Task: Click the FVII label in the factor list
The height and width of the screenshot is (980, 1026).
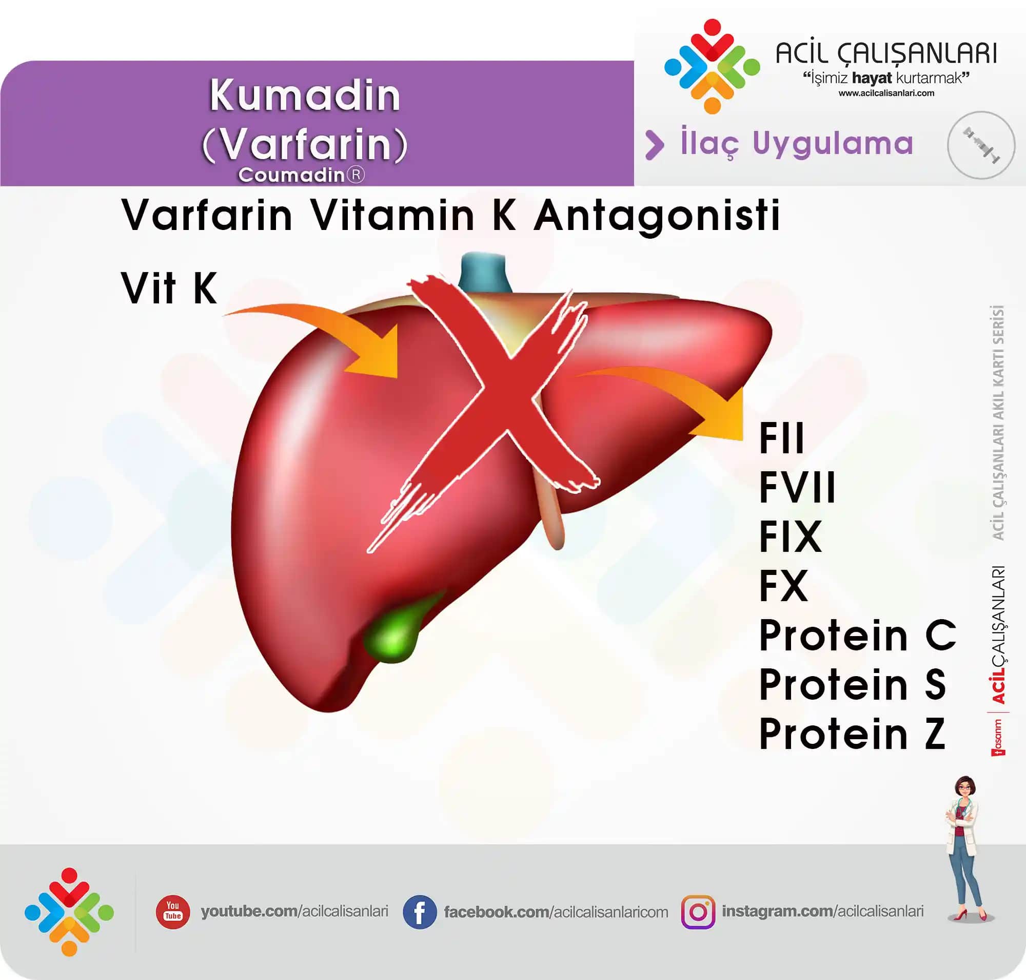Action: click(797, 487)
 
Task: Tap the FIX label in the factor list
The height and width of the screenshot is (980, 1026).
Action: click(791, 536)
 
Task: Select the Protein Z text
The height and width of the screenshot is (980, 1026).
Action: click(852, 734)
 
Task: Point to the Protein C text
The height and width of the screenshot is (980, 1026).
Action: click(857, 635)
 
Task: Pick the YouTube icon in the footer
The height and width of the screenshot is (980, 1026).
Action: click(173, 912)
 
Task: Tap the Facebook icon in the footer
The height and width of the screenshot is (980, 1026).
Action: click(419, 912)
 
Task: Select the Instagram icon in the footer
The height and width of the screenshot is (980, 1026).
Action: click(698, 912)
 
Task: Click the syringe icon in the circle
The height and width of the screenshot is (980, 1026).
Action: click(981, 145)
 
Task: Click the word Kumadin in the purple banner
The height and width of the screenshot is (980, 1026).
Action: click(305, 96)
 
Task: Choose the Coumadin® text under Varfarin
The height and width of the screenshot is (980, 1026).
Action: click(301, 175)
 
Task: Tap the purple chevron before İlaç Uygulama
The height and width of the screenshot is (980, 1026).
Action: click(654, 145)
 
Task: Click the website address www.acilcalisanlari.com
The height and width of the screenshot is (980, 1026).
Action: click(886, 93)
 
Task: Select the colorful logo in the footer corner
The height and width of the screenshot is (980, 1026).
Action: click(69, 912)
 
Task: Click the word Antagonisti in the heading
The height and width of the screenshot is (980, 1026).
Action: click(657, 215)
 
